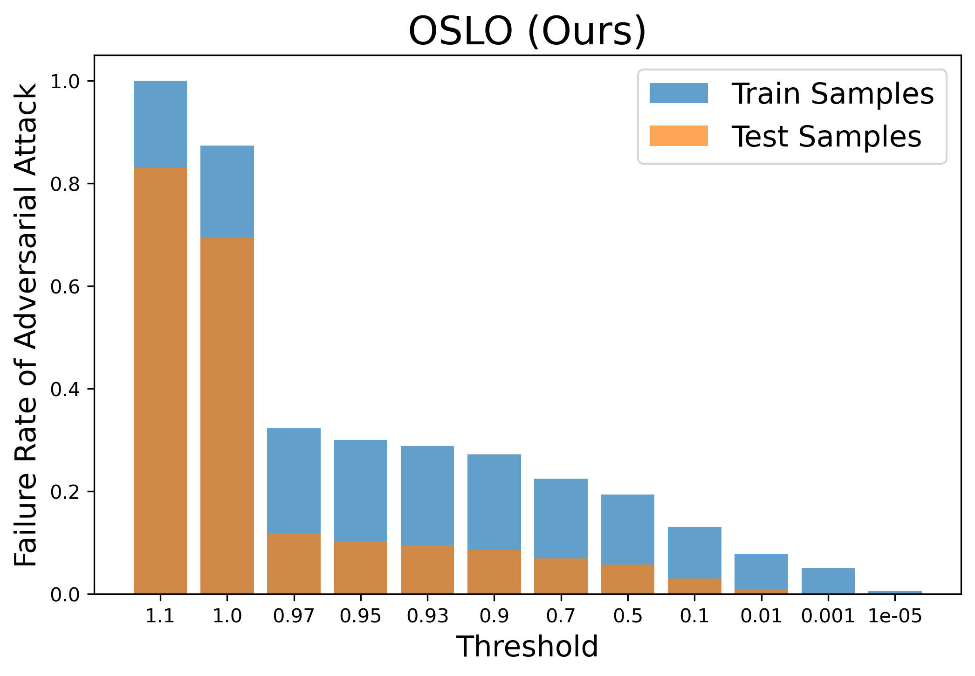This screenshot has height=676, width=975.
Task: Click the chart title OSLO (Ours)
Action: [527, 31]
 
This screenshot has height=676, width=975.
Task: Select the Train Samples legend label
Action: [833, 93]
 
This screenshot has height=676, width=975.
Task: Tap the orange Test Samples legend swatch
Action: [679, 136]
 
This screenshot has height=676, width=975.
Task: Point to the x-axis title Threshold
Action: [527, 647]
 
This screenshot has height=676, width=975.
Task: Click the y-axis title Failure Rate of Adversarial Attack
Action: [26, 325]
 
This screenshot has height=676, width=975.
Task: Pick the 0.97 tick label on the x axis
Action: [294, 617]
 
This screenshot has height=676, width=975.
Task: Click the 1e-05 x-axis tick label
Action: [895, 617]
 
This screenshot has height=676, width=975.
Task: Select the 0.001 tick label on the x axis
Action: [828, 617]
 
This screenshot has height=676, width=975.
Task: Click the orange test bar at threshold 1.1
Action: [160, 381]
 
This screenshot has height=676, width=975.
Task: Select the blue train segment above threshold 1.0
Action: [227, 191]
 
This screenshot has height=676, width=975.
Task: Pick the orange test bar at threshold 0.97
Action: [294, 563]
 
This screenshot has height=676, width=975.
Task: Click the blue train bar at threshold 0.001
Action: [828, 581]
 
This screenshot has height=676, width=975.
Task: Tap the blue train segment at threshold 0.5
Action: [628, 530]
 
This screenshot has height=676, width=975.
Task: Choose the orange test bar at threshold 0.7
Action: [561, 576]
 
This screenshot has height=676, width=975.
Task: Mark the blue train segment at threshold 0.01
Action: [762, 572]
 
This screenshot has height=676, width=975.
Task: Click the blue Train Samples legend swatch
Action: [679, 93]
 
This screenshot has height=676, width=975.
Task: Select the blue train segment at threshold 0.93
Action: [427, 495]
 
